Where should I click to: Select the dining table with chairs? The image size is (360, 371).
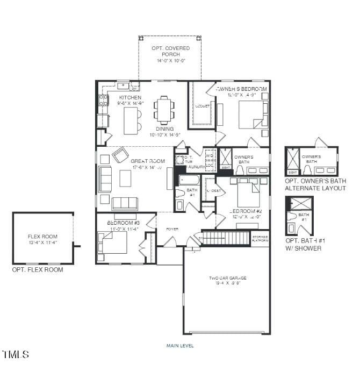click(164, 111)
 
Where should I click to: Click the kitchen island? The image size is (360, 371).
click(131, 120)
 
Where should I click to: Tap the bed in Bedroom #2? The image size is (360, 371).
click(248, 192)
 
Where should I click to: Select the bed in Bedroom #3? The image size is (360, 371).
click(113, 242)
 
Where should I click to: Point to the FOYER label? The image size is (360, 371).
click(172, 229)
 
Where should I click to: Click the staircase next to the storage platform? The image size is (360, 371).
click(226, 238)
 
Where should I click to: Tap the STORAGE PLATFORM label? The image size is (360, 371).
click(261, 238)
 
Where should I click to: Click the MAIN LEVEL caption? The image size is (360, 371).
click(180, 346)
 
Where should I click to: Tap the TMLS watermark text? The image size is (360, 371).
click(16, 354)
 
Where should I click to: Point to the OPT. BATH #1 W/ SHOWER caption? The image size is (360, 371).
click(304, 244)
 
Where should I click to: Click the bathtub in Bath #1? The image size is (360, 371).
click(189, 179)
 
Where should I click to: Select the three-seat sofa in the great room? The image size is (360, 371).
click(125, 204)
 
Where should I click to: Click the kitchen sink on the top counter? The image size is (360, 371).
click(124, 85)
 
